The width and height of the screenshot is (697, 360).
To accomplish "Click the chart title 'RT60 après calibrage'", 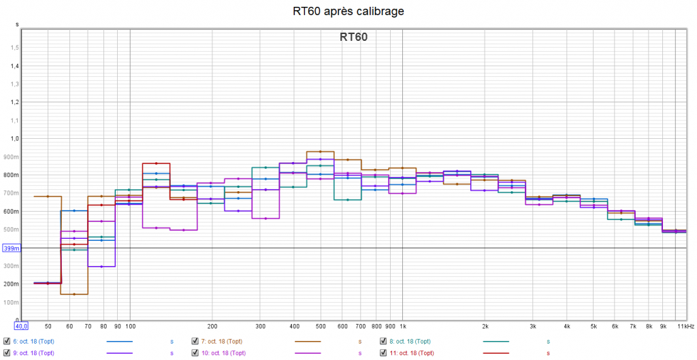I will click(x=348, y=12).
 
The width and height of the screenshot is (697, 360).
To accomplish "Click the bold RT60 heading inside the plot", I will click(x=353, y=37).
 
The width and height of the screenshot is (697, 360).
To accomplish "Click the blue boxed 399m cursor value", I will click(x=12, y=248).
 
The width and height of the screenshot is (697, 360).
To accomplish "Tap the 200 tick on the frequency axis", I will click(x=212, y=327).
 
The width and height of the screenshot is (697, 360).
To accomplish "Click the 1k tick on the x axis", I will click(x=402, y=327).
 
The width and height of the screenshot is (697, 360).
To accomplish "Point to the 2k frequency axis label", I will click(x=485, y=327).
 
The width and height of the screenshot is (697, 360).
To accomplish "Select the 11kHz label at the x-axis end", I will click(x=685, y=327).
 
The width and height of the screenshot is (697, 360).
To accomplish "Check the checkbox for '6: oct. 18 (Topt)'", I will click(x=7, y=341).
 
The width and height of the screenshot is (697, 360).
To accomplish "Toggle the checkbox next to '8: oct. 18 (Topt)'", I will click(x=385, y=341).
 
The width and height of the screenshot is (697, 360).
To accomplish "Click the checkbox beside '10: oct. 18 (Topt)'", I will click(x=196, y=353).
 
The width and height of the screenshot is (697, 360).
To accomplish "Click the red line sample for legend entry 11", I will click(x=496, y=353).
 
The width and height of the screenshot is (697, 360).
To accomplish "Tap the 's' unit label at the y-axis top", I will click(x=18, y=24).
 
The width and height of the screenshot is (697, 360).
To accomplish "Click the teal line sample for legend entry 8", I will click(x=496, y=341).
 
